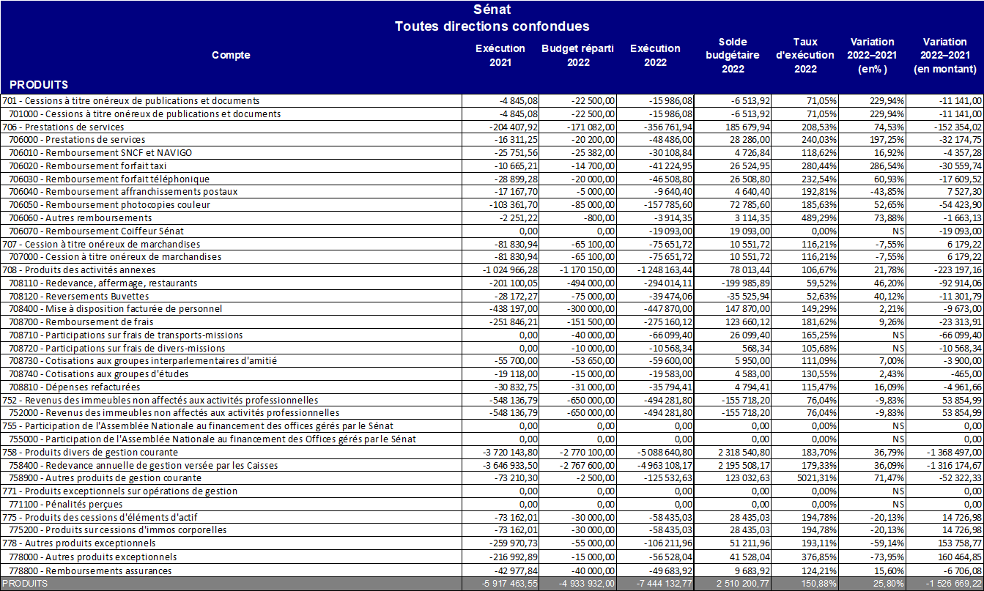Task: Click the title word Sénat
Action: [x=492, y=10]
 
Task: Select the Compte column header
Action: [x=231, y=55]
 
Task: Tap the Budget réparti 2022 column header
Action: [x=577, y=55]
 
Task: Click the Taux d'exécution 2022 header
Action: [x=804, y=55]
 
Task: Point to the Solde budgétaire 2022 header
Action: [x=733, y=55]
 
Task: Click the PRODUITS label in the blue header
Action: [x=39, y=85]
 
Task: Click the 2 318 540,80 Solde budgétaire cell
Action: [x=733, y=453]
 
